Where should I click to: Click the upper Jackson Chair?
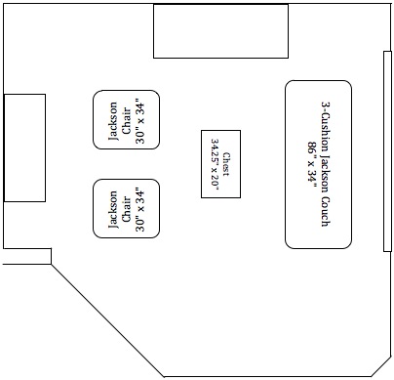click(127, 119)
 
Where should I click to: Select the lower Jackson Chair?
click(127, 208)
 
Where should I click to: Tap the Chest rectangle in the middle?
click(220, 163)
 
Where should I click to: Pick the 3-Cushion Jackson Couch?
click(319, 163)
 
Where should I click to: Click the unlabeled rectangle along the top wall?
click(220, 30)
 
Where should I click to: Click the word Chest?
click(227, 163)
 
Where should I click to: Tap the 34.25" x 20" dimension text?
click(215, 163)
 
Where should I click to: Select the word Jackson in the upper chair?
click(113, 120)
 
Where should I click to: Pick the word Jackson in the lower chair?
click(113, 208)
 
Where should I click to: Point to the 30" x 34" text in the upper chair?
click(140, 120)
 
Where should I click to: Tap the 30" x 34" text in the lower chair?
click(140, 208)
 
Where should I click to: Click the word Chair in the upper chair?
click(127, 120)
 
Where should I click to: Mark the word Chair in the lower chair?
click(127, 208)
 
